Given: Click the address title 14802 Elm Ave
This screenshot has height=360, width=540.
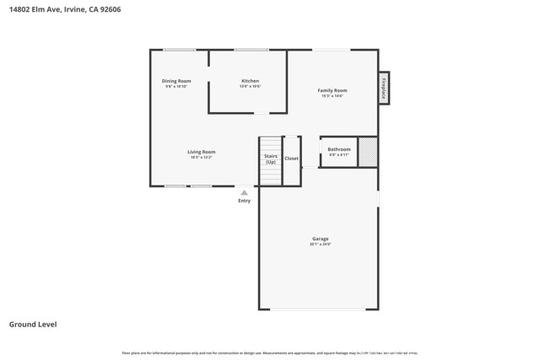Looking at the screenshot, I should [64, 9].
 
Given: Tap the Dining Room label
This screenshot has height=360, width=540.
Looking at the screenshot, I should [176, 81].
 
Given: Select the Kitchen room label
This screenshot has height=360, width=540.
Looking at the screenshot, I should [250, 81].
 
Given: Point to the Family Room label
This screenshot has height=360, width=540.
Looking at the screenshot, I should [332, 90].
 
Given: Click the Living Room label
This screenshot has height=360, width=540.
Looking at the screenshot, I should [201, 152].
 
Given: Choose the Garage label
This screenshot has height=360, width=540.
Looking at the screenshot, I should [321, 239].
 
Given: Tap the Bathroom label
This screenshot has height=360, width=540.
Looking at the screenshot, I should [339, 149].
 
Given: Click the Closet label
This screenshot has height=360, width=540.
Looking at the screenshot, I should [291, 159].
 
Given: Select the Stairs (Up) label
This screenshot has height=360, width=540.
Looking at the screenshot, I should [270, 159].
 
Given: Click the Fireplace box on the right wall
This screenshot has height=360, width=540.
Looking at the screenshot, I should [384, 89].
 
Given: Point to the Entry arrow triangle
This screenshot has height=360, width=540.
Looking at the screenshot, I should [244, 192].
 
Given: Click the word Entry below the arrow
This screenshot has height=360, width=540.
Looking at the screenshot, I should [244, 201].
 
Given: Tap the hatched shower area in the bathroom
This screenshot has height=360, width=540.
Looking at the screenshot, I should [367, 152].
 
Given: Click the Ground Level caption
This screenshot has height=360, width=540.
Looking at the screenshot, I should [33, 324].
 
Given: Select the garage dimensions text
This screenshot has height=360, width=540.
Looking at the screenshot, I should [321, 244].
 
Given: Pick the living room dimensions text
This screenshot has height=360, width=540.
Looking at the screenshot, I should [201, 158].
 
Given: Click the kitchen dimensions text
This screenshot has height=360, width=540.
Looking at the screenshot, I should [250, 86].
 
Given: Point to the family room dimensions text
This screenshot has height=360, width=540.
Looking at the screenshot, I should [332, 96].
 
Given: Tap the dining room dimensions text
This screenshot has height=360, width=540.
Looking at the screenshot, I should [176, 86].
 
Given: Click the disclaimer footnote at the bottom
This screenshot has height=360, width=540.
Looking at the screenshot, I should [270, 352].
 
